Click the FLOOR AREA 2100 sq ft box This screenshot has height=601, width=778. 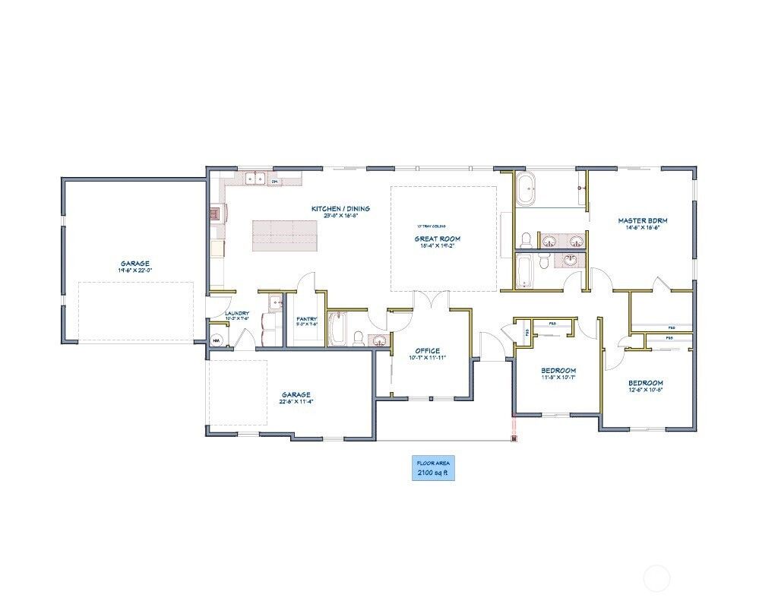[x=434, y=468]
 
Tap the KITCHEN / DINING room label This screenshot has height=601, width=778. [x=340, y=208]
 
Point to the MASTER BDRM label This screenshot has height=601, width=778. [x=642, y=220]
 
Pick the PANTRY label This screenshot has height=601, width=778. [x=307, y=319]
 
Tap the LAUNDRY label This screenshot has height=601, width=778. [x=237, y=312]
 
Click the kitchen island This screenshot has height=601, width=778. [x=284, y=236]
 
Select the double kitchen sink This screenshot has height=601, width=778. [x=255, y=179]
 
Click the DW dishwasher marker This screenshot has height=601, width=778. [x=275, y=182]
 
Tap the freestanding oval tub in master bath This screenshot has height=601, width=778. [x=526, y=189]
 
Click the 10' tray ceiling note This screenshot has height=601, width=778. [x=431, y=226]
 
